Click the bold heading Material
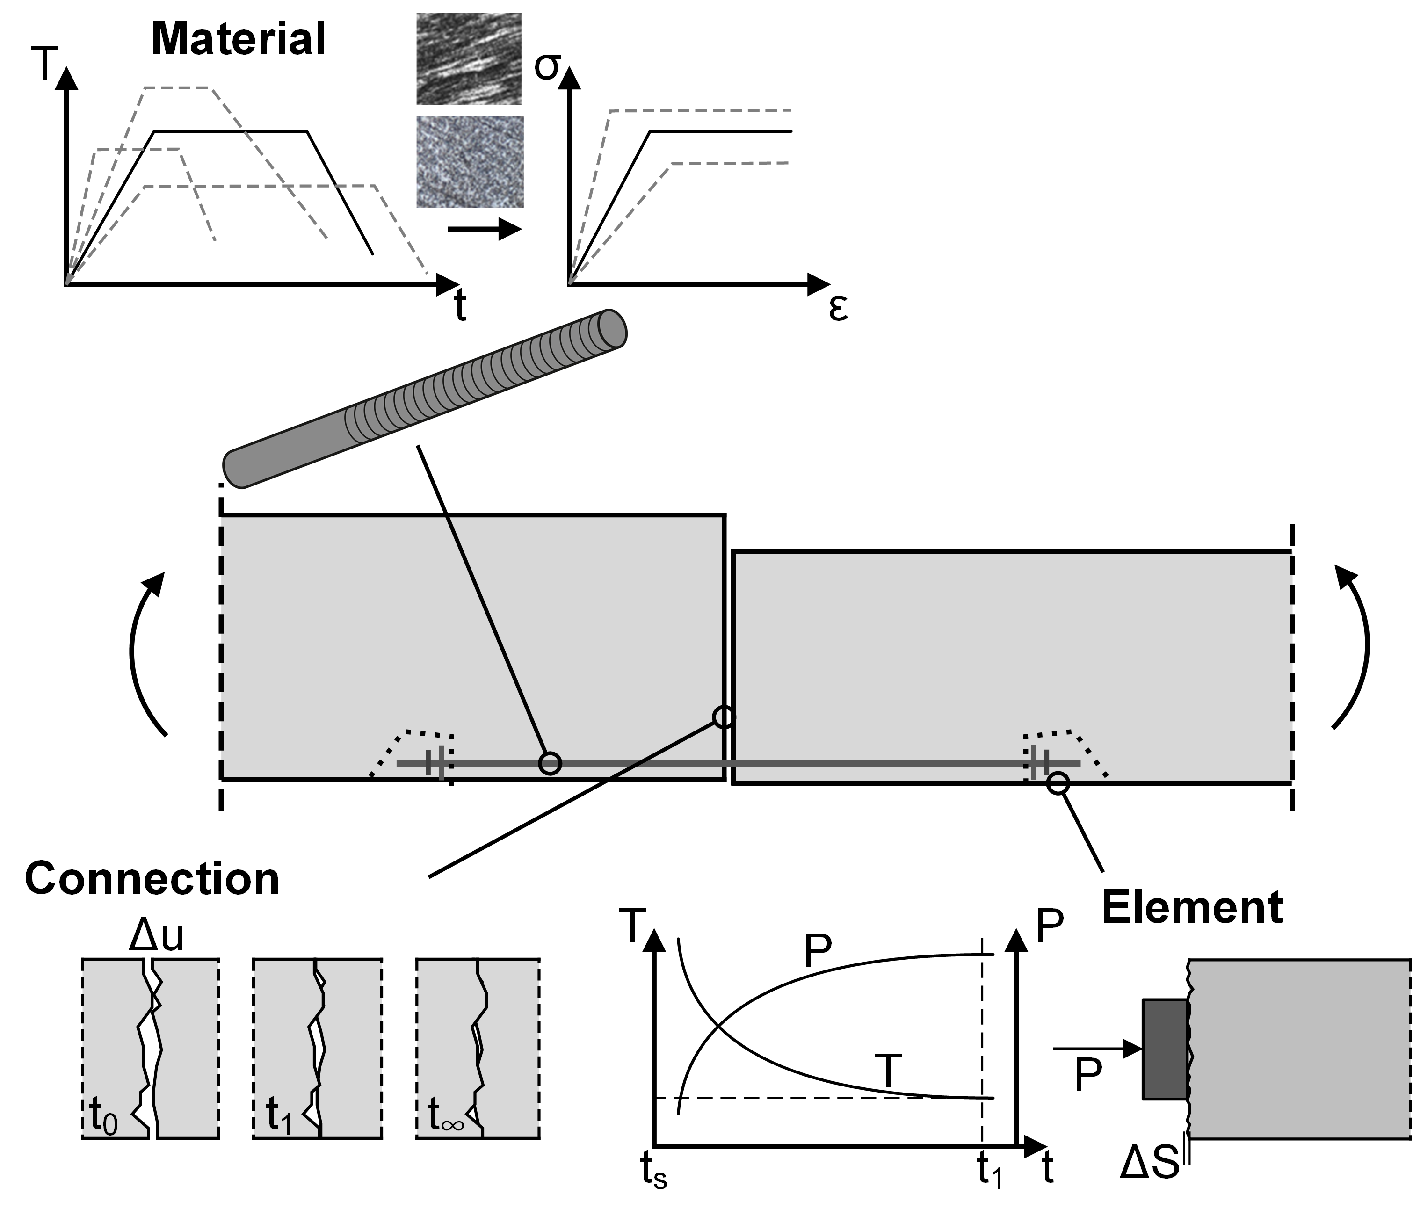pos(238,39)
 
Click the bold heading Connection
pos(152,878)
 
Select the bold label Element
pos(1192,908)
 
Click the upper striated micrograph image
pos(469,58)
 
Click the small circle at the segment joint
pos(724,717)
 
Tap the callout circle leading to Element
pos(1058,782)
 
